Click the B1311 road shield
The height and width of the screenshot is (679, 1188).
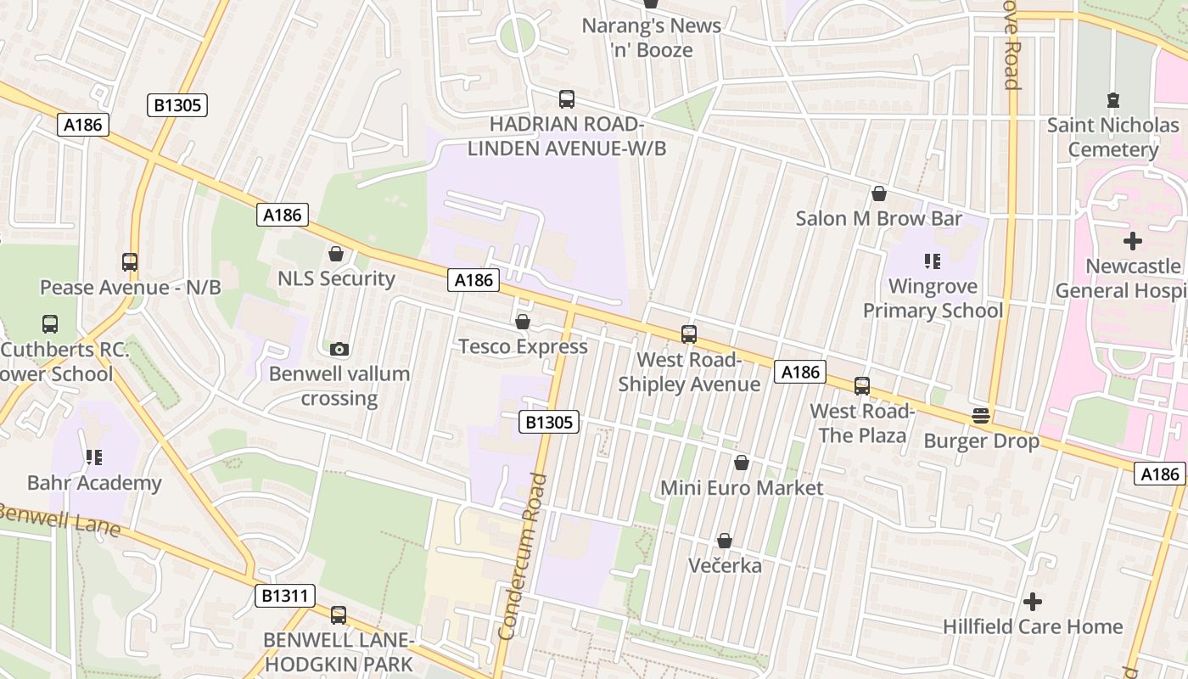284,596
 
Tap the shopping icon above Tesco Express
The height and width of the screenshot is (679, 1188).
523,323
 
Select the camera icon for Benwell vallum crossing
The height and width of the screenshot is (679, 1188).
339,349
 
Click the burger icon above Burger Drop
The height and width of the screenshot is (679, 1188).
981,416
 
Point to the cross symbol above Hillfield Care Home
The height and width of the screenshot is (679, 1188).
1032,602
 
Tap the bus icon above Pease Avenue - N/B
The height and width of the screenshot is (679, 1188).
130,262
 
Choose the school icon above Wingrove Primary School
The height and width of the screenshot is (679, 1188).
933,261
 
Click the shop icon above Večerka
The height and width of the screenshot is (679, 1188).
725,541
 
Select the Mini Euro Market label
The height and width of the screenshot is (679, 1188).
742,488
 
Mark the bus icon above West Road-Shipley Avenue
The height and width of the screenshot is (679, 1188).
688,334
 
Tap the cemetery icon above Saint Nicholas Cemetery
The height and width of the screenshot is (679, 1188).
1113,100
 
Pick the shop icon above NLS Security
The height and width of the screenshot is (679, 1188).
336,254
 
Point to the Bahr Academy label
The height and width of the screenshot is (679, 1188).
94,483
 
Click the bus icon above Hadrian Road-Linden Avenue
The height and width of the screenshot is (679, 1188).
567,99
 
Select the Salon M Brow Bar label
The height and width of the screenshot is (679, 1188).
878,218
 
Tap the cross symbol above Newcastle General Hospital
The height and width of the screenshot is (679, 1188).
1133,241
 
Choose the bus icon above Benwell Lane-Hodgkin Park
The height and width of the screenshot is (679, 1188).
339,615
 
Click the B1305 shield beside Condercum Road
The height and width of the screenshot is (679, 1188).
549,422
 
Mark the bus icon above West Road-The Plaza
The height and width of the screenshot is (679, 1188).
862,386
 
